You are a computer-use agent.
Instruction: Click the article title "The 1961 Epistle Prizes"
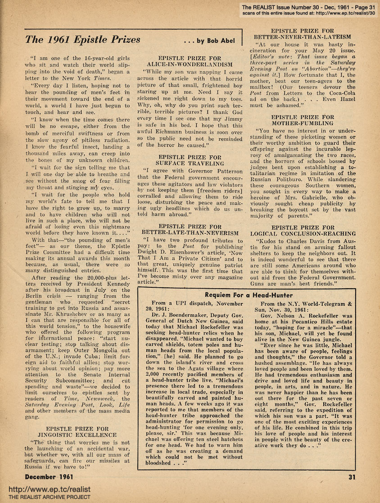click(82, 39)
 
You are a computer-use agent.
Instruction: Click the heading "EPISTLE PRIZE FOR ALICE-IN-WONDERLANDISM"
click(190, 62)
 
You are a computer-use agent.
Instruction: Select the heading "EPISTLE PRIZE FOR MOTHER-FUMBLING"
click(302, 120)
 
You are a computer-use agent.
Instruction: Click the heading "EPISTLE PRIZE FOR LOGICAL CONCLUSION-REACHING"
click(302, 231)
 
